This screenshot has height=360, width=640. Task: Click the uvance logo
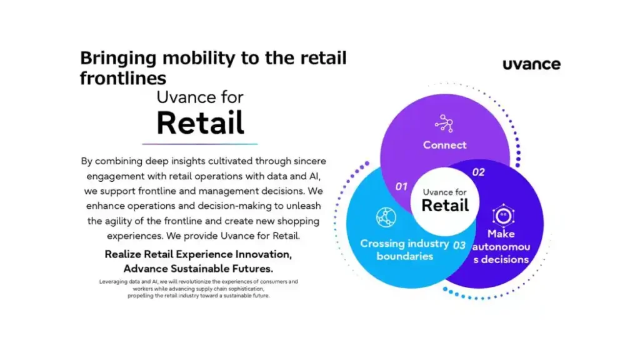point(531,64)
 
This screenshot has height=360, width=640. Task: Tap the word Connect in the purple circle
point(444,145)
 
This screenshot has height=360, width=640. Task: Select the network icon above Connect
point(444,122)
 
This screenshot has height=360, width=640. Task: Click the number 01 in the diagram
point(401,186)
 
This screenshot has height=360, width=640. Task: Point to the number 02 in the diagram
point(478,172)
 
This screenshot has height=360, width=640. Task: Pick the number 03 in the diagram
point(459,245)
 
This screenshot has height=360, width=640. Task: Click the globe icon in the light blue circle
point(386,217)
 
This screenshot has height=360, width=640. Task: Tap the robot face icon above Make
point(503,215)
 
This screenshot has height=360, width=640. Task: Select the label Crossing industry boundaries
point(404,249)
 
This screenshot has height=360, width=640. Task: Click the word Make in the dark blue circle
point(501,234)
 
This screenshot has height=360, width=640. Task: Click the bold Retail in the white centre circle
point(445,205)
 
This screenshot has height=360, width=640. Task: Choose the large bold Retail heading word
point(200,122)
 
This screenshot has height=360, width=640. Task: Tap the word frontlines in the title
point(123,78)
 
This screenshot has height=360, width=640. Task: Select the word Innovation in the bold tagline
point(254,254)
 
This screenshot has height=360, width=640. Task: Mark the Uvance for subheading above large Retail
point(200,97)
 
